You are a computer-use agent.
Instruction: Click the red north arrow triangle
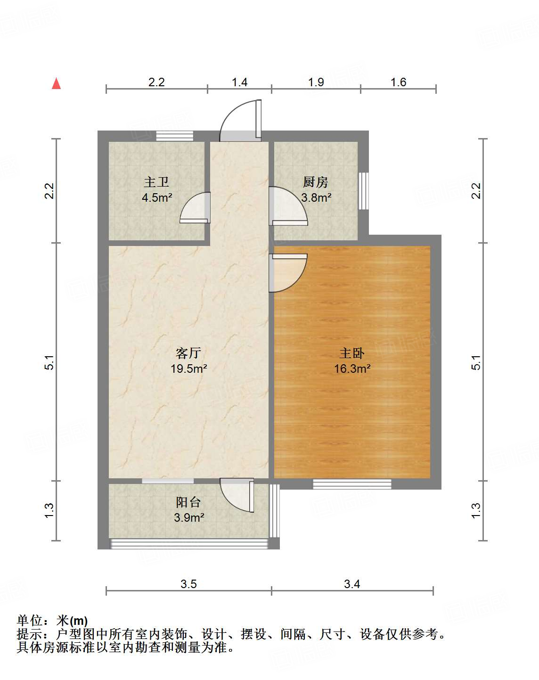coord(57,83)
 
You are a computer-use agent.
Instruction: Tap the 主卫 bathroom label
coord(156,182)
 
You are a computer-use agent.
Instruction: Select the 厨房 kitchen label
coord(315,182)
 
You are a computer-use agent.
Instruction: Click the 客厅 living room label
coord(188,353)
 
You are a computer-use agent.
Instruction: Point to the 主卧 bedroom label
coord(352,353)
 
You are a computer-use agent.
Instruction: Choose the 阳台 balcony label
coord(188,502)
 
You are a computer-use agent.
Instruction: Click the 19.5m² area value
coord(188,369)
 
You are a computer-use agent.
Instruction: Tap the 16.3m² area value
coord(352,369)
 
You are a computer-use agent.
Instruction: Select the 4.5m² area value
coord(157,197)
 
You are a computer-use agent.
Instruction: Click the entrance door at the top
coord(241,122)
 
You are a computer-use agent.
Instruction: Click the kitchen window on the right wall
coord(363,191)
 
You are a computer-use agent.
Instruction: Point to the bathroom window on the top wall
coord(175,136)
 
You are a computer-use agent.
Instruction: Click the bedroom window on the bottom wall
coord(352,484)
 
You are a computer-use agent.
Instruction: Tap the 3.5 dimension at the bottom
coord(188,584)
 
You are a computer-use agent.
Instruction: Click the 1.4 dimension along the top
coord(239,82)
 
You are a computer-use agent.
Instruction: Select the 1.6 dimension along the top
coord(398,82)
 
